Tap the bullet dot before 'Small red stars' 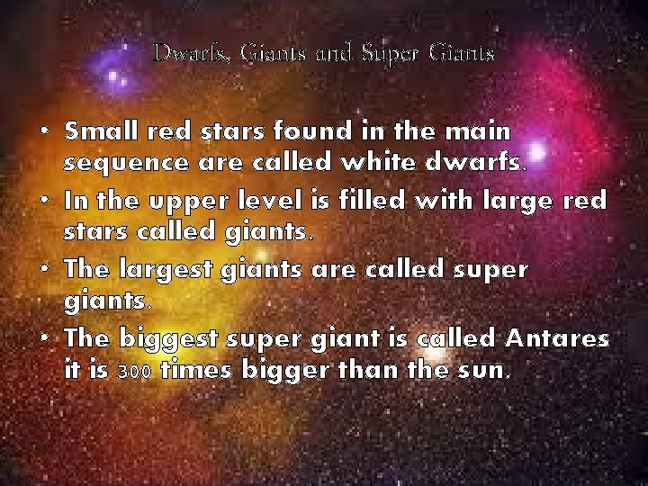tap(44, 132)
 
